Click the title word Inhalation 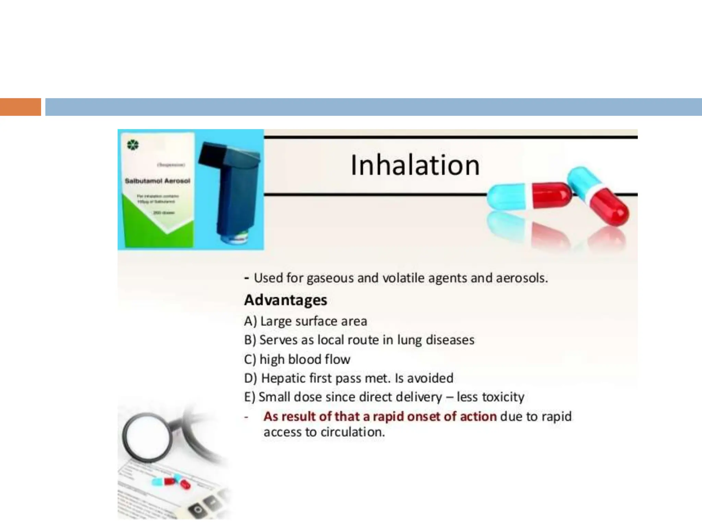pyautogui.click(x=415, y=166)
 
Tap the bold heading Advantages pyautogui.click(x=286, y=300)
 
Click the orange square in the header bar pyautogui.click(x=20, y=107)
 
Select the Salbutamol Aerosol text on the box pyautogui.click(x=157, y=181)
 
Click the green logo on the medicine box pyautogui.click(x=133, y=145)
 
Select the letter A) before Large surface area pyautogui.click(x=250, y=321)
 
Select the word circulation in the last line pyautogui.click(x=353, y=432)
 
